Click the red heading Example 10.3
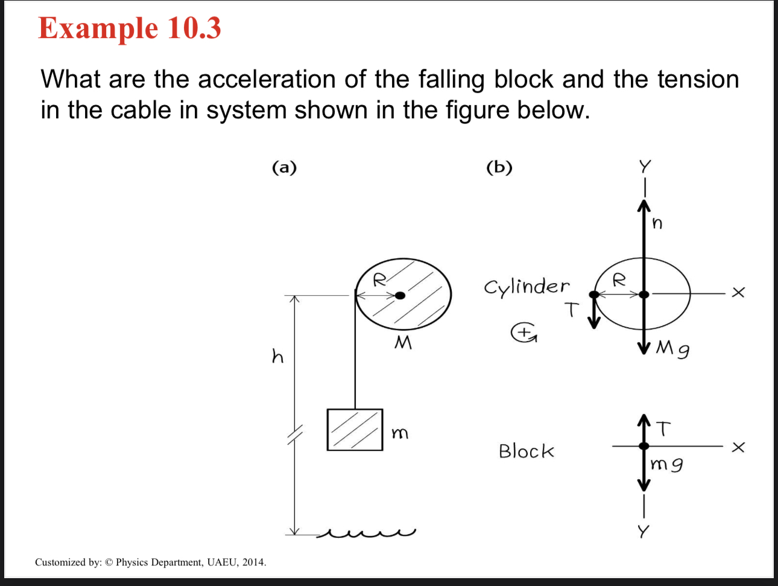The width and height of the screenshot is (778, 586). [x=130, y=28]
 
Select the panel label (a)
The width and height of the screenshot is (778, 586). [x=284, y=167]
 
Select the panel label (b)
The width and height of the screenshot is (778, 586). [x=499, y=167]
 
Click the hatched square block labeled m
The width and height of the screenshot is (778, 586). [x=355, y=430]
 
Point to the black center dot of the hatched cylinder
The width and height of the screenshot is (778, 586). [x=400, y=295]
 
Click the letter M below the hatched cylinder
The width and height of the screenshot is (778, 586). [x=402, y=343]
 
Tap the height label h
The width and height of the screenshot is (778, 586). [x=277, y=357]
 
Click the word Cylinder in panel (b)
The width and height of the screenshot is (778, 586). [x=527, y=287]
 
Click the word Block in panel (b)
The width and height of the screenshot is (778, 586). [x=526, y=451]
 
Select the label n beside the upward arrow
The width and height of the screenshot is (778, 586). [x=657, y=223]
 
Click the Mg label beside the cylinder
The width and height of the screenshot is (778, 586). [x=673, y=348]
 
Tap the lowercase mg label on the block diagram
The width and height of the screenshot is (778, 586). [x=667, y=465]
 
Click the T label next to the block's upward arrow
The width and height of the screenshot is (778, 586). [x=663, y=428]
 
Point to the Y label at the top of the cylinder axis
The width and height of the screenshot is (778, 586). [x=645, y=166]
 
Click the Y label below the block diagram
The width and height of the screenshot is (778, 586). [x=644, y=532]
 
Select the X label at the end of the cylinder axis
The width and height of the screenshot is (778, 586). [x=738, y=293]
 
